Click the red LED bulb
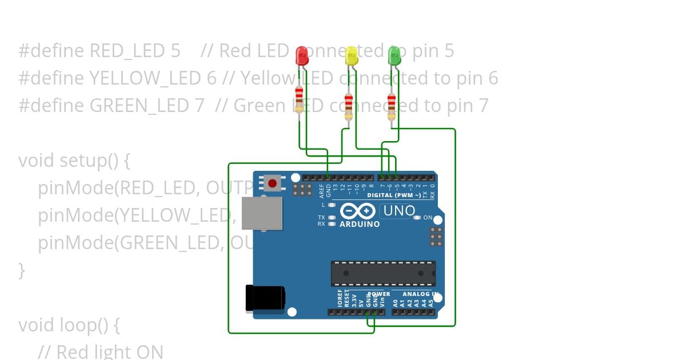(301, 56)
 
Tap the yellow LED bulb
(351, 57)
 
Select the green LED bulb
(394, 56)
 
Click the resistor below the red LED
(299, 99)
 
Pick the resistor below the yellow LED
(348, 107)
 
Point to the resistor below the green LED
(391, 106)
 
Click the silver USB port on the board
(262, 213)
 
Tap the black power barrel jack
(265, 298)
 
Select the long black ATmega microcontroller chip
(383, 273)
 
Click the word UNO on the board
(399, 211)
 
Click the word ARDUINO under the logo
(360, 224)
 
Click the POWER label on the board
(379, 294)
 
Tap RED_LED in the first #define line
(127, 51)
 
